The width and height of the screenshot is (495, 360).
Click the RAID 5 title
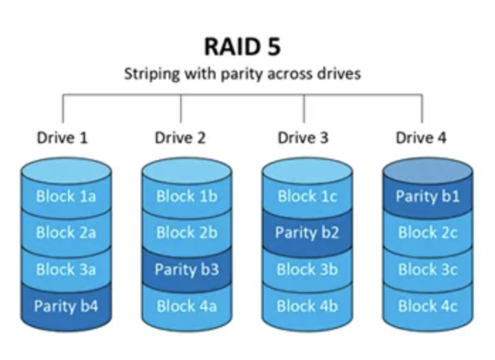coord(243,47)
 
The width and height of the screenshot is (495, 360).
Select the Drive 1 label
coord(62,137)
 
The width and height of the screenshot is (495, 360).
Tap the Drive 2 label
coord(180,137)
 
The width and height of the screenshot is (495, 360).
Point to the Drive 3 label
coord(303,137)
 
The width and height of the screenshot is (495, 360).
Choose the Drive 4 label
coord(421,137)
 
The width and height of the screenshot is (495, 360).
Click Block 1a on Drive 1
coord(66,196)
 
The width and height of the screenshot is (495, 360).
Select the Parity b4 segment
coord(66,306)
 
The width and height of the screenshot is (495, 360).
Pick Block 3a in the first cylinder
coord(66,269)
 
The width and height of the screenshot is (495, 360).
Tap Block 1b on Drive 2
coord(187,196)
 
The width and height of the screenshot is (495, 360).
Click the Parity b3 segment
coord(187,269)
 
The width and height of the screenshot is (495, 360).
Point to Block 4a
coord(187,306)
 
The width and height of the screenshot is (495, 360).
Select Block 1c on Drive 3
coord(307,196)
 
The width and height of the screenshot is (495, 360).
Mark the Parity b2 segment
coord(307,232)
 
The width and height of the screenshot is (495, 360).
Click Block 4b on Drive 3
coord(307,306)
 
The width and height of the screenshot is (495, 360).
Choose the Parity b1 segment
coord(428,196)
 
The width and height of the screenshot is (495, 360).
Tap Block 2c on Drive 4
coord(428,232)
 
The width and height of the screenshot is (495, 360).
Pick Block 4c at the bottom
coord(428,306)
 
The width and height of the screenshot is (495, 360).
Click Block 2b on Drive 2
coord(187,232)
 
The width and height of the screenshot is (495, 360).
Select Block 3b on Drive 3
coord(307,269)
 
